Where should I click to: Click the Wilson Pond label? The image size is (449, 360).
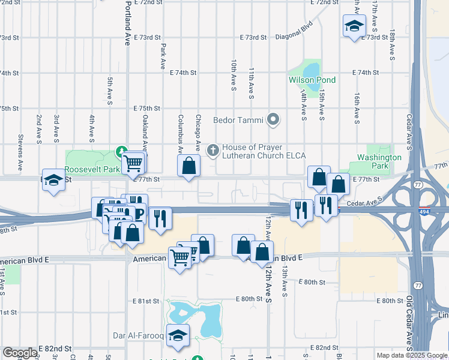(312, 80)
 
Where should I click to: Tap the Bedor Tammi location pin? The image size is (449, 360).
(274, 120)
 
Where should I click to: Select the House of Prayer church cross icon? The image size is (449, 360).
(212, 151)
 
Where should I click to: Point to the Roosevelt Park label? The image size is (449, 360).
(93, 170)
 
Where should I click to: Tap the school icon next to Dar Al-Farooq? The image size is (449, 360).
(178, 337)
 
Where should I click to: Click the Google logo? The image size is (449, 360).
(20, 353)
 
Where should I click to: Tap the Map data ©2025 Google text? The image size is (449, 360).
(411, 355)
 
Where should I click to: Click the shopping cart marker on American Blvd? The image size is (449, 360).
(180, 257)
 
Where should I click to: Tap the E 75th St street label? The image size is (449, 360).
(146, 109)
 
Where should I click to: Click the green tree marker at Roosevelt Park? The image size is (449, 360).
(121, 151)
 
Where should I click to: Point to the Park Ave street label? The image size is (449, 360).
(162, 56)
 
